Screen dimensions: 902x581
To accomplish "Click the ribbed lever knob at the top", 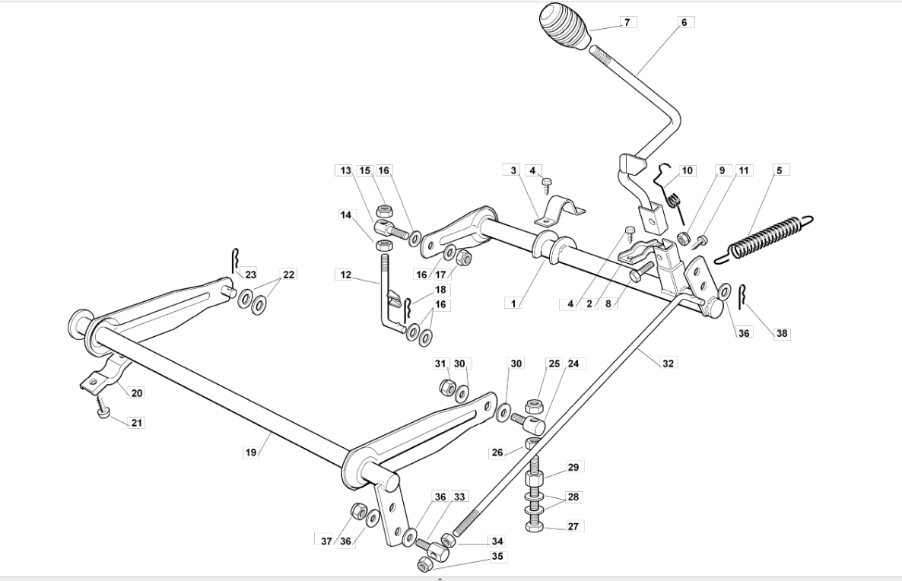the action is click(566, 27).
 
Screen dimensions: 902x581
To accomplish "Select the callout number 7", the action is click(627, 23).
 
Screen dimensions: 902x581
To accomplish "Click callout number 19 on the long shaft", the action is click(251, 452).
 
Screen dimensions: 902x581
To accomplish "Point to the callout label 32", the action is click(668, 363).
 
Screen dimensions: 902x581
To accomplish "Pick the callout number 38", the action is click(782, 333).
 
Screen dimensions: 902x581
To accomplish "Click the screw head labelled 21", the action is click(103, 413).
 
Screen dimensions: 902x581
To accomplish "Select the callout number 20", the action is click(136, 393).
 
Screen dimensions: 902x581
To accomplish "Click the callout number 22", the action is click(289, 275).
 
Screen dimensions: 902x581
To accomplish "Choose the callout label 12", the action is click(345, 275).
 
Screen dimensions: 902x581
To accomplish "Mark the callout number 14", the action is click(345, 215).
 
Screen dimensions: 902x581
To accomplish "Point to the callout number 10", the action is click(688, 170).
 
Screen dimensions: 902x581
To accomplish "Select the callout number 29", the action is click(573, 466).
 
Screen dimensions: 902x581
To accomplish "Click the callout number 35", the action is click(497, 556).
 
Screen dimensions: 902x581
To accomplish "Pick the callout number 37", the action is click(326, 541).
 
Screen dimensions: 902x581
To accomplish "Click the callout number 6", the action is click(684, 23).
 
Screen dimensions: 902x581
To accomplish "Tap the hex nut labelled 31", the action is click(447, 386).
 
